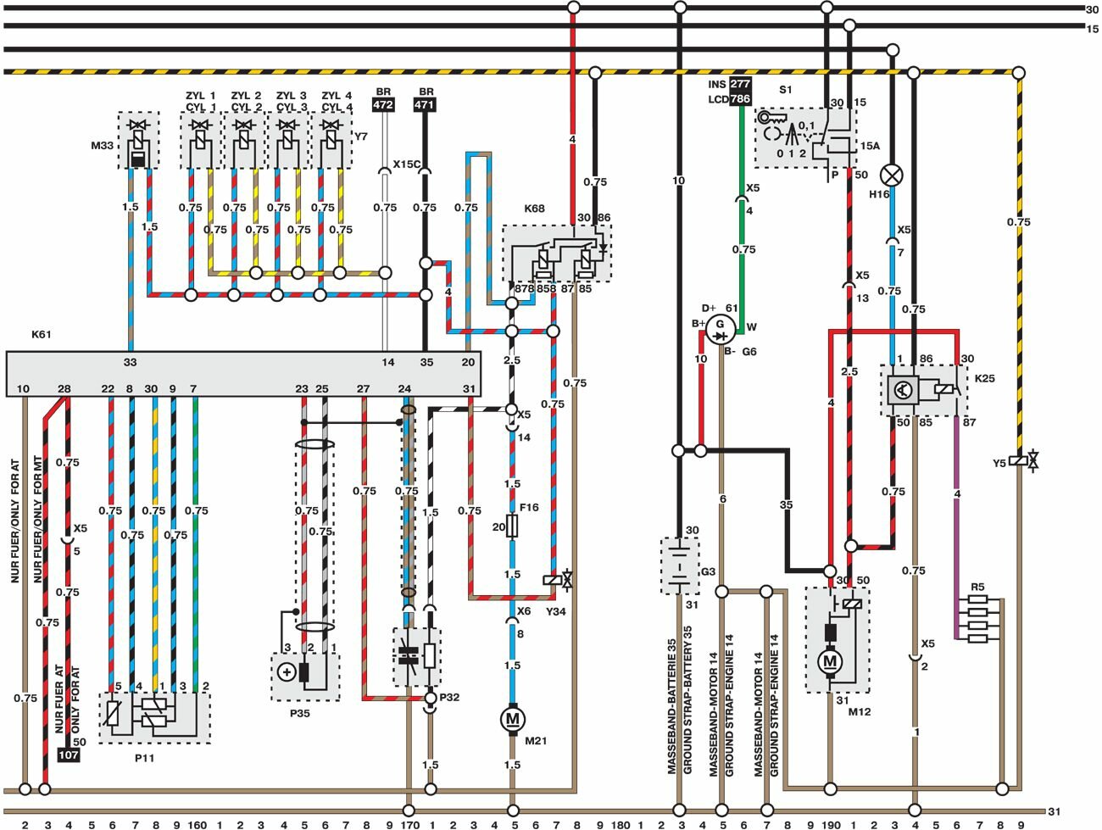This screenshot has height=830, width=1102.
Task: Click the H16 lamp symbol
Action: (x=891, y=175)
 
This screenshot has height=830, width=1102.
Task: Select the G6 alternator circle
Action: (x=721, y=327)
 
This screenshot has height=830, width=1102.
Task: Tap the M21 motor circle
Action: (x=512, y=719)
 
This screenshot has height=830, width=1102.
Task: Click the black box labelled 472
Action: (x=383, y=105)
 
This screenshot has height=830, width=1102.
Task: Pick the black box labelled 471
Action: (x=425, y=105)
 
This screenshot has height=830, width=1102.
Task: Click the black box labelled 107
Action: (x=68, y=755)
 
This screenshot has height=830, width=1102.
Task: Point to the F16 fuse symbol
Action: (x=512, y=526)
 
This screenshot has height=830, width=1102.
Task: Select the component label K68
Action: (x=534, y=209)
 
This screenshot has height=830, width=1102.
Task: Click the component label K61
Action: (x=42, y=334)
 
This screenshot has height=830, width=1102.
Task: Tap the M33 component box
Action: (x=137, y=141)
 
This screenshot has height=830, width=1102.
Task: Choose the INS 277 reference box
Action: (x=740, y=84)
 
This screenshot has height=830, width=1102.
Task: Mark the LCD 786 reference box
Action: (x=740, y=99)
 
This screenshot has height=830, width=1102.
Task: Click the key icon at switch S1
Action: (x=772, y=117)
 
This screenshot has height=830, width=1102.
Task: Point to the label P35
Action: (x=299, y=713)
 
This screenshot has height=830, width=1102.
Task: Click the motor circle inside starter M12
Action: (x=830, y=661)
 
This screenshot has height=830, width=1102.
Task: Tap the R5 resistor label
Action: (x=978, y=587)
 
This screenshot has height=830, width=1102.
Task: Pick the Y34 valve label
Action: (x=555, y=610)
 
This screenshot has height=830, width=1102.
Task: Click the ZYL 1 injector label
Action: (x=200, y=96)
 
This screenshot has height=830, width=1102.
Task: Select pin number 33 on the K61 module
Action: (x=130, y=362)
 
